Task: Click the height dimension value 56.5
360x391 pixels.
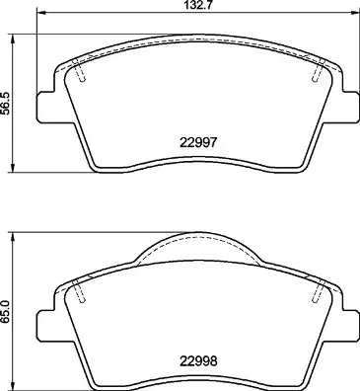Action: tap(6, 103)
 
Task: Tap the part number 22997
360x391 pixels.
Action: tap(198, 142)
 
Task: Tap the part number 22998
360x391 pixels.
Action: tap(198, 361)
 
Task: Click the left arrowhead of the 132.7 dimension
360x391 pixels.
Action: tap(41, 13)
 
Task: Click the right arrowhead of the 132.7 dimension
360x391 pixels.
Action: tap(354, 13)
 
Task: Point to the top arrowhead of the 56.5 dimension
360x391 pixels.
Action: tap(13, 39)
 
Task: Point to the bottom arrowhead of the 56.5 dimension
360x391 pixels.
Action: tap(13, 168)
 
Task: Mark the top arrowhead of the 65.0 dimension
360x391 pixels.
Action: tap(13, 237)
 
